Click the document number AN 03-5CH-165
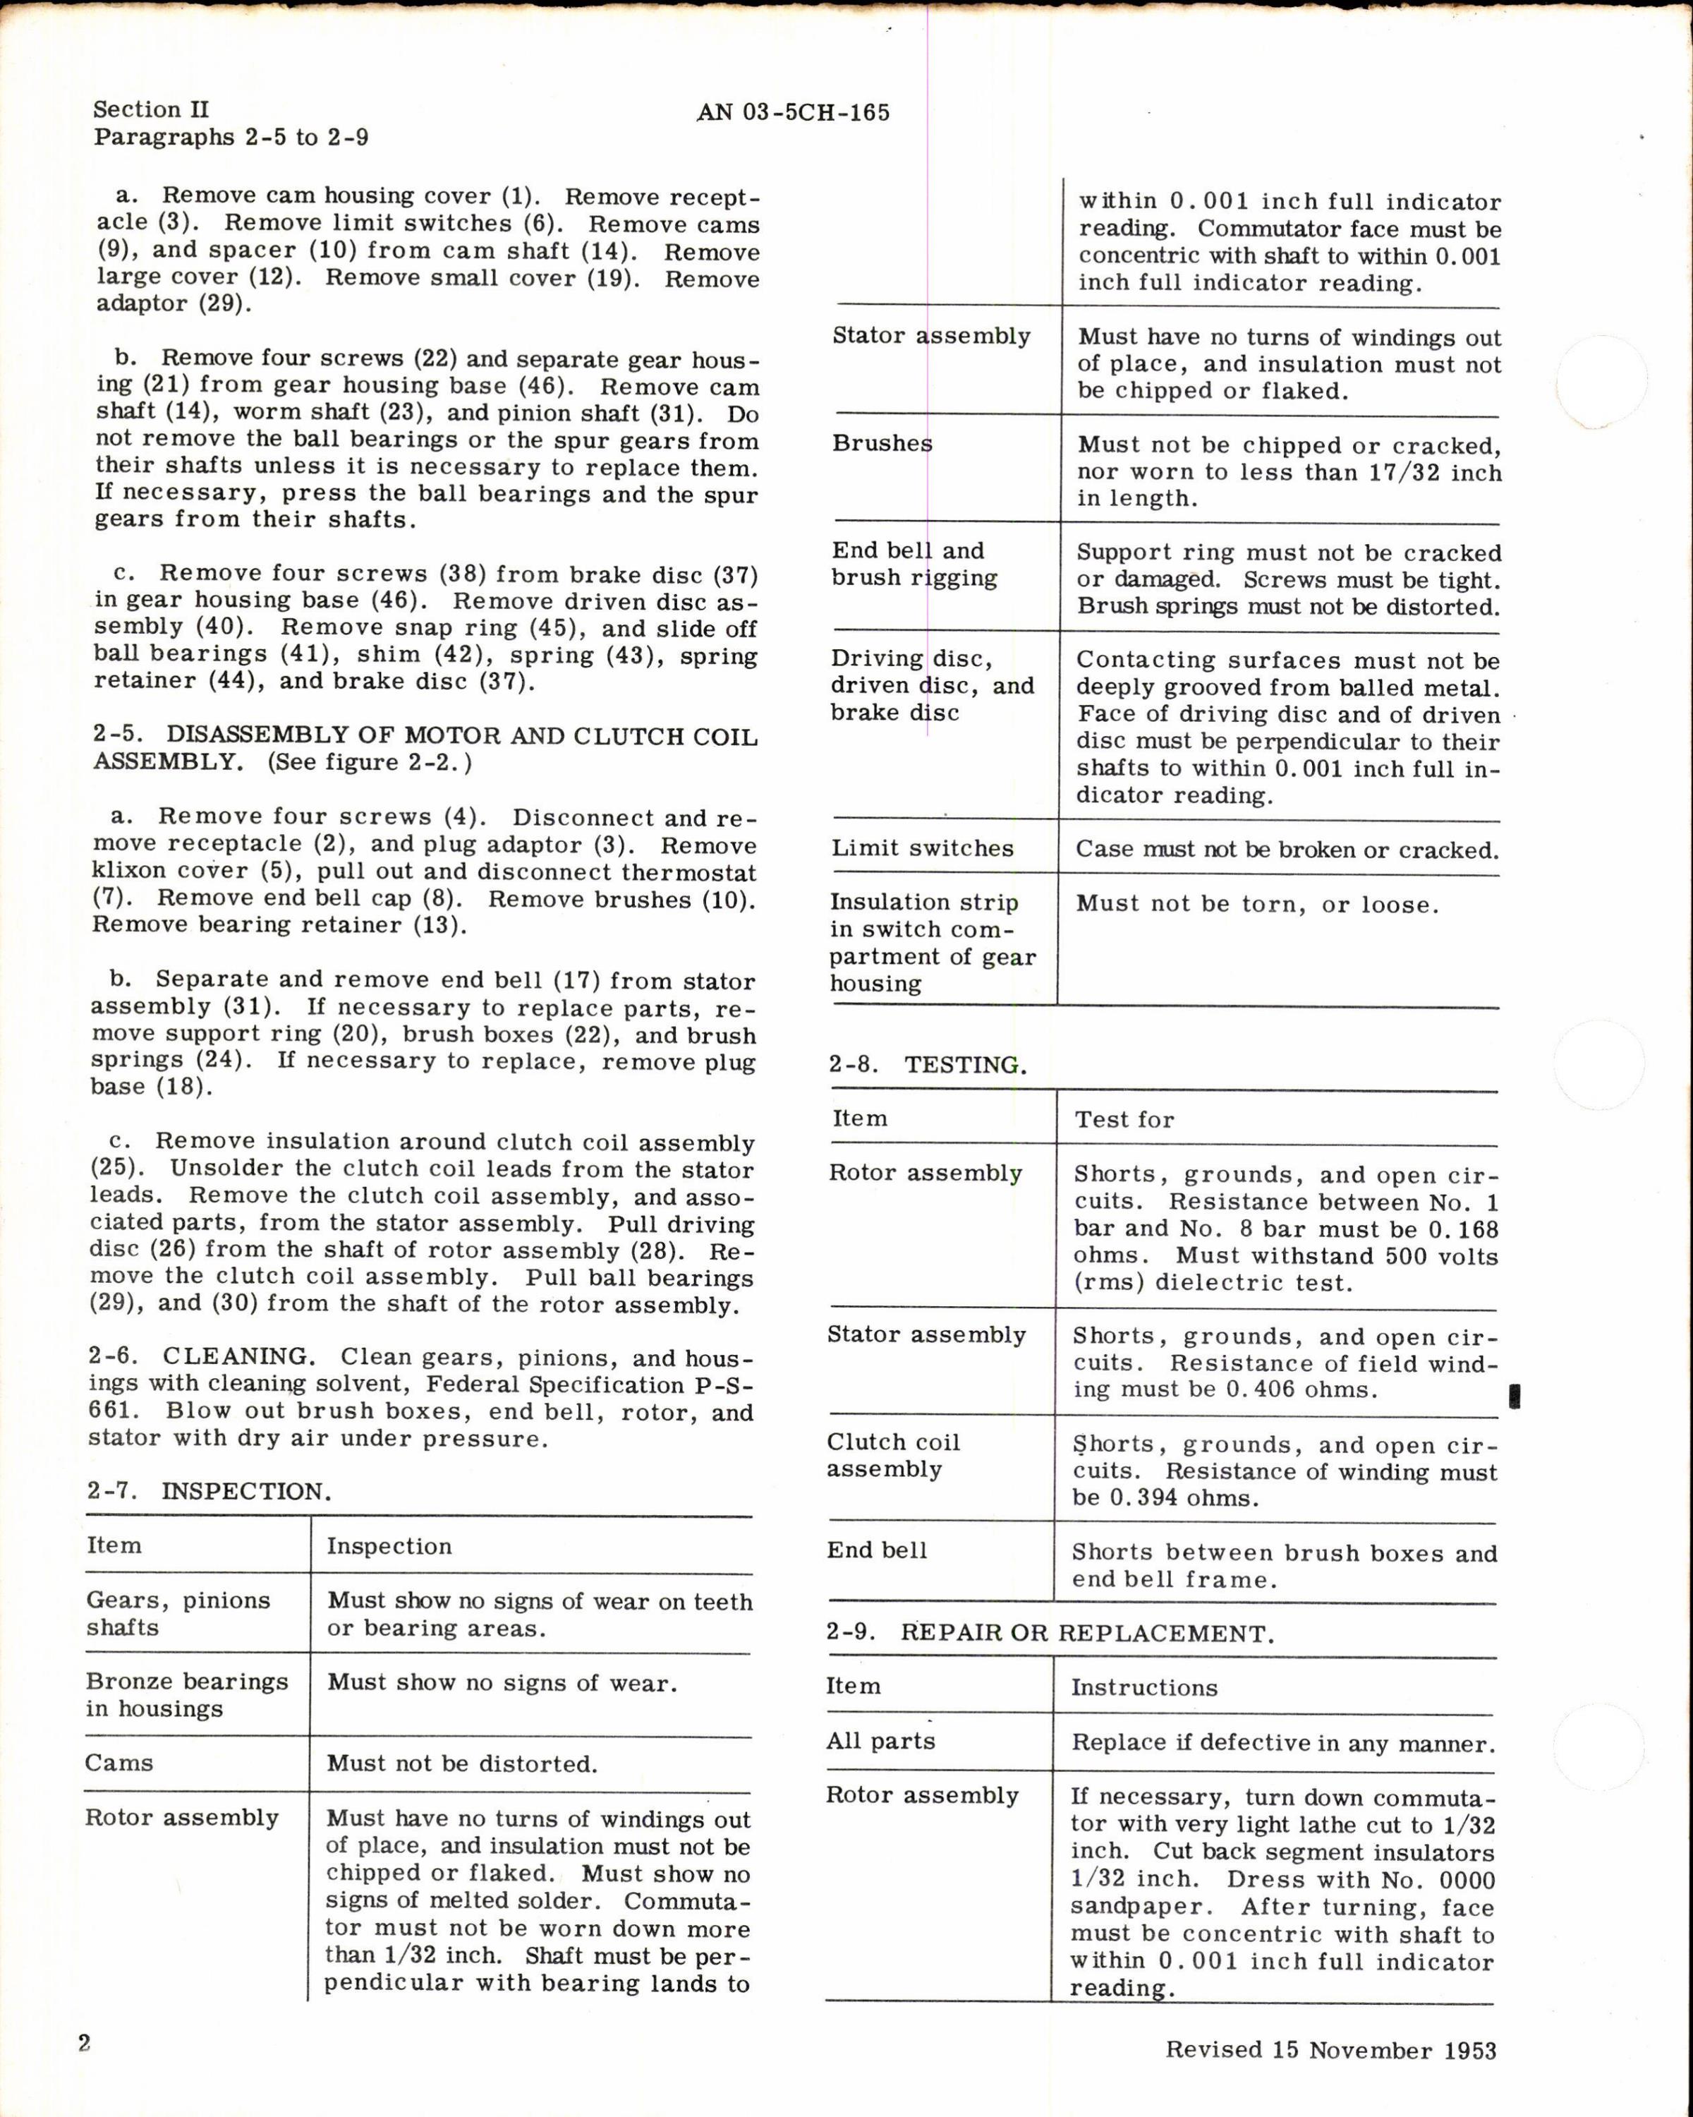point(793,113)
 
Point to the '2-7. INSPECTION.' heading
point(208,1492)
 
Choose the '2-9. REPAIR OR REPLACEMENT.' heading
point(1050,1633)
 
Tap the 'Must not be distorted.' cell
point(462,1763)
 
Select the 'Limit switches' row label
point(921,848)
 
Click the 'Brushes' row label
point(881,444)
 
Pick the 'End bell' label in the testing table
point(876,1550)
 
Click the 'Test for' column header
point(1124,1119)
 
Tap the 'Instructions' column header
point(1143,1687)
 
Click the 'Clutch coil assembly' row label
point(892,1455)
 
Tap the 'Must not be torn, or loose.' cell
point(1256,905)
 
